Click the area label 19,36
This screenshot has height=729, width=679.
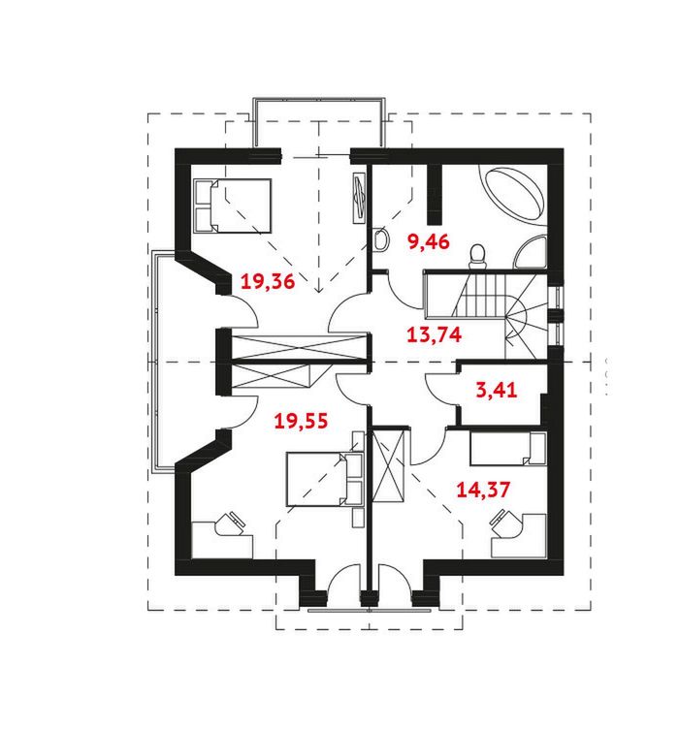(x=268, y=281)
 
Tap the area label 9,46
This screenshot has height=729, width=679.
(x=429, y=241)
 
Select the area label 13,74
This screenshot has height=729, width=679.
(x=434, y=334)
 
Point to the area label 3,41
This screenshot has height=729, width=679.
(x=497, y=390)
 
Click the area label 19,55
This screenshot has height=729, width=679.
(x=301, y=421)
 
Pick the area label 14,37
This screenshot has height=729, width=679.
(x=483, y=490)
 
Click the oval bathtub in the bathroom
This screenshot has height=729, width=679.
(x=515, y=195)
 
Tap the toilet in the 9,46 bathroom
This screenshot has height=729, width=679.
(x=477, y=256)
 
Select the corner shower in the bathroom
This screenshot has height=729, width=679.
(x=532, y=253)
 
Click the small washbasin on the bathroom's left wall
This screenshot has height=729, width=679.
(x=382, y=239)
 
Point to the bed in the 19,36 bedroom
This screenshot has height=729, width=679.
(x=232, y=206)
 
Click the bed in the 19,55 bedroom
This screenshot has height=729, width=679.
(x=325, y=479)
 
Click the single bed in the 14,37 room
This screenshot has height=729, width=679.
(x=508, y=449)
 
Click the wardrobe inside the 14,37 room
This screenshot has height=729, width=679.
(x=389, y=466)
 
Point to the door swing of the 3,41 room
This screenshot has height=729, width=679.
(x=441, y=391)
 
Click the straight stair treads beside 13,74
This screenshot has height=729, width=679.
(x=479, y=296)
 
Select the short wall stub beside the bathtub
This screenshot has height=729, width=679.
(x=435, y=194)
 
